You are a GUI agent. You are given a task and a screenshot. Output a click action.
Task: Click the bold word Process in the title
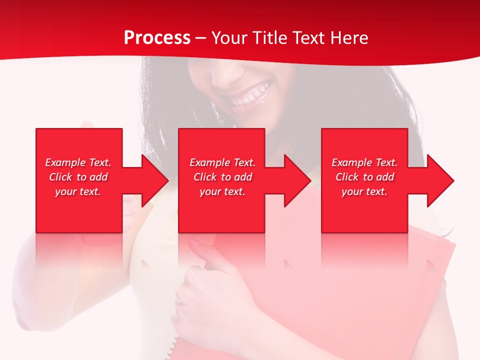pyautogui.click(x=157, y=38)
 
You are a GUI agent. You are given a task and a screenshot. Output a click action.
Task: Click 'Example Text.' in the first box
pyautogui.click(x=78, y=162)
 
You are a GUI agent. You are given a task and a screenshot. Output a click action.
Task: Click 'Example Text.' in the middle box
pyautogui.click(x=222, y=162)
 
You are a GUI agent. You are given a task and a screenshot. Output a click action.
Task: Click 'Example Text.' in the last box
pyautogui.click(x=364, y=162)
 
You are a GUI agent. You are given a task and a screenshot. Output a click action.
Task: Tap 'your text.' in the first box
pyautogui.click(x=78, y=191)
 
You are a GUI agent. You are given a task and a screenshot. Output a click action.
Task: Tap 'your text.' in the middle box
pyautogui.click(x=222, y=191)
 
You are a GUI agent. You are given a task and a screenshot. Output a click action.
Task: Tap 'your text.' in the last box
pyautogui.click(x=364, y=191)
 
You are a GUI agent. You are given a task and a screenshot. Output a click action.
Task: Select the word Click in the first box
pyautogui.click(x=60, y=177)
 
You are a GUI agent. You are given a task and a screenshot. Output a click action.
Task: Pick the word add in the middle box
pyautogui.click(x=243, y=177)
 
